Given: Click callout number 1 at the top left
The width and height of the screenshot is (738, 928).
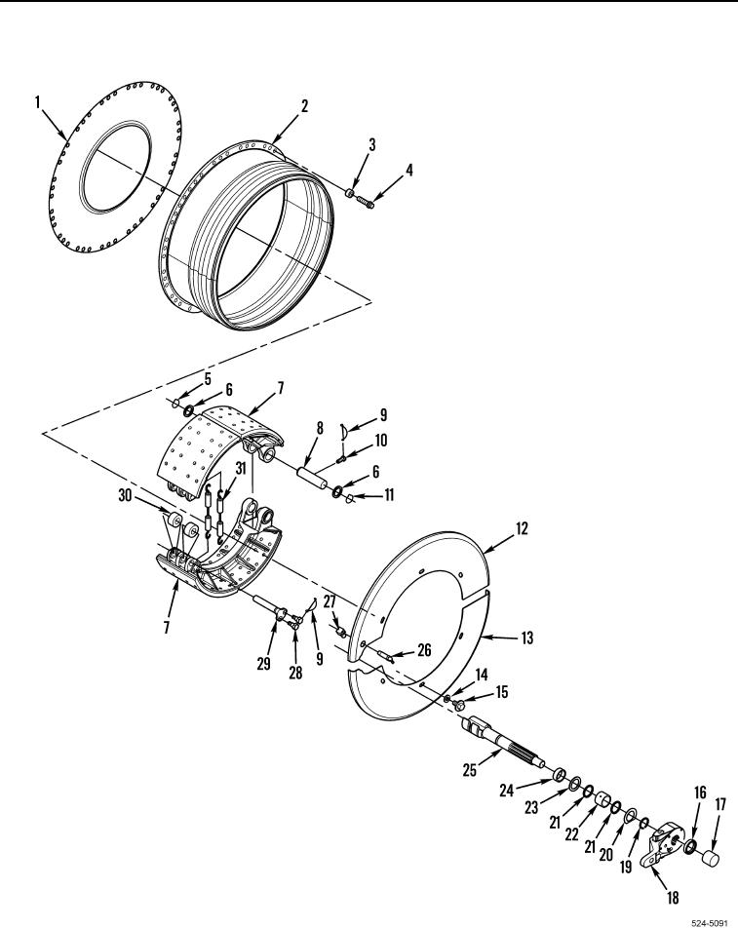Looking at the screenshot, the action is coord(37,102).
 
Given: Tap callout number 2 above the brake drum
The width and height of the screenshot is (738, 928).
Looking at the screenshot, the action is coord(304,106).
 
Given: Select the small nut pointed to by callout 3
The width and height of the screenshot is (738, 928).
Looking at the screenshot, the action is coord(350,193).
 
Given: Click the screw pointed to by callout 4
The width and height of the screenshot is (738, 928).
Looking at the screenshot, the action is coord(366,203).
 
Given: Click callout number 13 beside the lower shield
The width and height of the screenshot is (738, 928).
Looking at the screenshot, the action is coord(526,638).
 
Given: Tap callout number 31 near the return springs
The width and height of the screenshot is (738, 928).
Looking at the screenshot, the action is coord(240,468).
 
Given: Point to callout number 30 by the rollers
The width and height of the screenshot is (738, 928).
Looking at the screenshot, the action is coord(125,495).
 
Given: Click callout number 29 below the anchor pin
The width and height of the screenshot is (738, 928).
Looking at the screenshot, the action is coord(263,664).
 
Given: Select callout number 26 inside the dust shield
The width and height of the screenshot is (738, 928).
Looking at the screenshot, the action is coord(424,650).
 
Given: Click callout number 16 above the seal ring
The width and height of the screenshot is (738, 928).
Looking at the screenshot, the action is coord(700,793).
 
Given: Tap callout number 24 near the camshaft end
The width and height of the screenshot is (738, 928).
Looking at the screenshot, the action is coord(507,790).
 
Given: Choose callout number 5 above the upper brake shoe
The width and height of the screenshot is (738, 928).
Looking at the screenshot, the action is coord(208,379).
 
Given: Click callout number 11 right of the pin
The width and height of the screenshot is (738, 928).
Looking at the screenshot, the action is coord(389,494).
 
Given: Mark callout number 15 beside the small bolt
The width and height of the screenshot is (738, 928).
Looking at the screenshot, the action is coord(501,692).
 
